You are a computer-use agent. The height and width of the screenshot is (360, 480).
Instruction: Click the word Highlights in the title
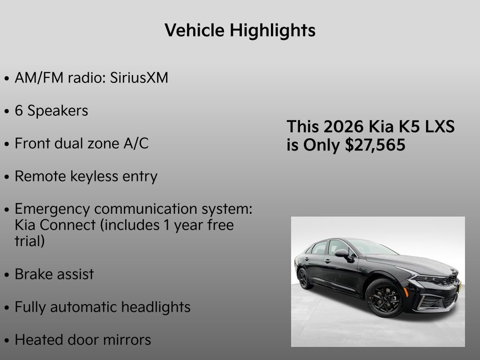[272, 31]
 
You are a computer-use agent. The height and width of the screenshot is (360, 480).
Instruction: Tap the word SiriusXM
[139, 78]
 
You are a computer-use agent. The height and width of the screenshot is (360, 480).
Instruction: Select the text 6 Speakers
[51, 111]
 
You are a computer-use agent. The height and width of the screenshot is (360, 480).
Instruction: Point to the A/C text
[135, 143]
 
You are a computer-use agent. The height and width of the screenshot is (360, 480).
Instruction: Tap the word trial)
[30, 241]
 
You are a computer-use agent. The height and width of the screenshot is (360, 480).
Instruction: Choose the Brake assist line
[54, 274]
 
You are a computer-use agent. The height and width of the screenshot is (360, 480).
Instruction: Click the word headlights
[156, 307]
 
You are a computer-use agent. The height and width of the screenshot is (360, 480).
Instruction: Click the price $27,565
[375, 145]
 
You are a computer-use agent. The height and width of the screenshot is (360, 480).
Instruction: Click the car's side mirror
[342, 253]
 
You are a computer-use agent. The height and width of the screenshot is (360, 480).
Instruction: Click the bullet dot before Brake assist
[7, 275]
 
